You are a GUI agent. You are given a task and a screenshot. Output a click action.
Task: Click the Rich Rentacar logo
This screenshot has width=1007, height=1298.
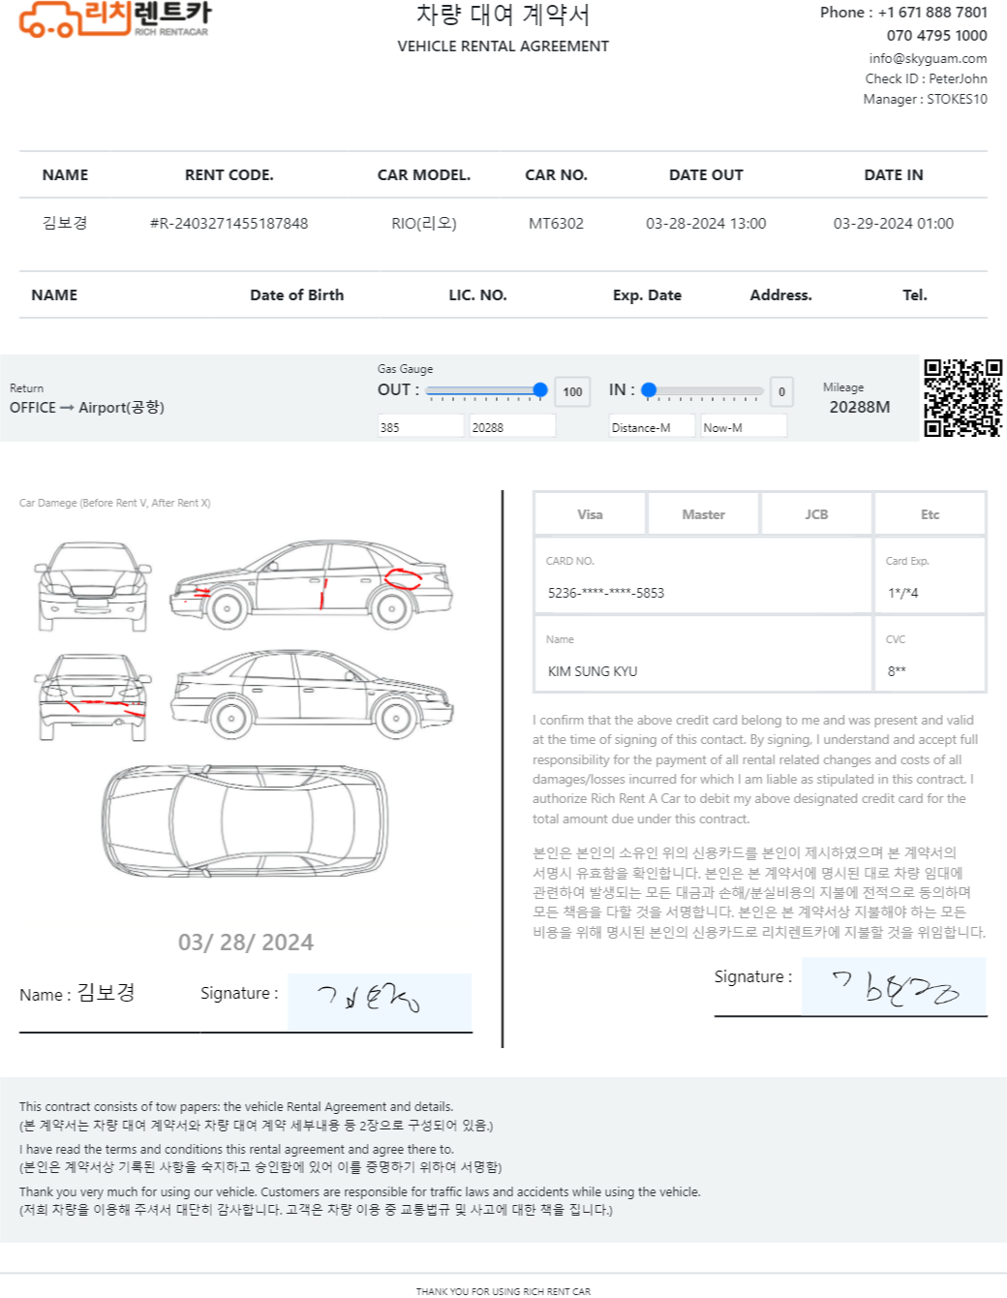pyautogui.click(x=114, y=19)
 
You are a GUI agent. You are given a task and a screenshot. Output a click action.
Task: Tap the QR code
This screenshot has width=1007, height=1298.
pyautogui.click(x=962, y=398)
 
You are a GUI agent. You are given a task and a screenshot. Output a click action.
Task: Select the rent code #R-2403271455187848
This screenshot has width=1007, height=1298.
pyautogui.click(x=229, y=224)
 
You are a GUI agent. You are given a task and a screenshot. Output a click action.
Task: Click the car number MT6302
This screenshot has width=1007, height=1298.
pyautogui.click(x=556, y=224)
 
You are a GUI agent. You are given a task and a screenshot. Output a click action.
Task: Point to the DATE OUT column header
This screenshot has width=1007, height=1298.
pyautogui.click(x=706, y=175)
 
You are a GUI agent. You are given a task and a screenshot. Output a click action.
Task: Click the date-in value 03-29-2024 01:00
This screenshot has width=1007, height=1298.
pyautogui.click(x=893, y=224)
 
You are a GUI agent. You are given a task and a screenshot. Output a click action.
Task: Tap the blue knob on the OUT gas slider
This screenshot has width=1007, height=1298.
pyautogui.click(x=539, y=390)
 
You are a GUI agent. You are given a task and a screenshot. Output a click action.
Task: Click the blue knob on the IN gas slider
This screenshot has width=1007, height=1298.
pyautogui.click(x=649, y=390)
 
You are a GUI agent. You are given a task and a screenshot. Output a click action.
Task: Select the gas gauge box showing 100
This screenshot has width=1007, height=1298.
pyautogui.click(x=572, y=392)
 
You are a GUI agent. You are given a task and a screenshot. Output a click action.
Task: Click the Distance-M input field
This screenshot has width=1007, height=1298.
pyautogui.click(x=652, y=428)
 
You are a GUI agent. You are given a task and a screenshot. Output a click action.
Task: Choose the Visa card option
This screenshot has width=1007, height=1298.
pyautogui.click(x=590, y=514)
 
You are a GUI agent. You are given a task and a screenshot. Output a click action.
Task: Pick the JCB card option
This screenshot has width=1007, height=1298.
pyautogui.click(x=816, y=514)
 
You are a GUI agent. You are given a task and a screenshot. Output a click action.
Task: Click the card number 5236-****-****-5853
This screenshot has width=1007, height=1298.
pyautogui.click(x=606, y=593)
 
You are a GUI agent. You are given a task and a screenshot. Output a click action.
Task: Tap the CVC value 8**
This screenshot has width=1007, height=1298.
pyautogui.click(x=897, y=671)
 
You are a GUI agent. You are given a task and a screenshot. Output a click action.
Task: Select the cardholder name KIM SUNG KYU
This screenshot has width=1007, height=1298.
pyautogui.click(x=593, y=671)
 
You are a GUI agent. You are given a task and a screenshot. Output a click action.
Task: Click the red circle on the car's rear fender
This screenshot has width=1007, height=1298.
pyautogui.click(x=403, y=579)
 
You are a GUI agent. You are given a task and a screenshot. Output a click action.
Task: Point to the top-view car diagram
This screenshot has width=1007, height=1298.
pyautogui.click(x=245, y=820)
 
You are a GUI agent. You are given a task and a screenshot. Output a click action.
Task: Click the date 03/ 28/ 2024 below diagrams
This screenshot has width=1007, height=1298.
pyautogui.click(x=245, y=943)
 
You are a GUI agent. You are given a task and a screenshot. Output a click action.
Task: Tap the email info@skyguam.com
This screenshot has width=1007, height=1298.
pyautogui.click(x=928, y=58)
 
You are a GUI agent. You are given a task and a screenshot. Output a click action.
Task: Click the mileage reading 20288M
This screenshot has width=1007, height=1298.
pyautogui.click(x=860, y=408)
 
